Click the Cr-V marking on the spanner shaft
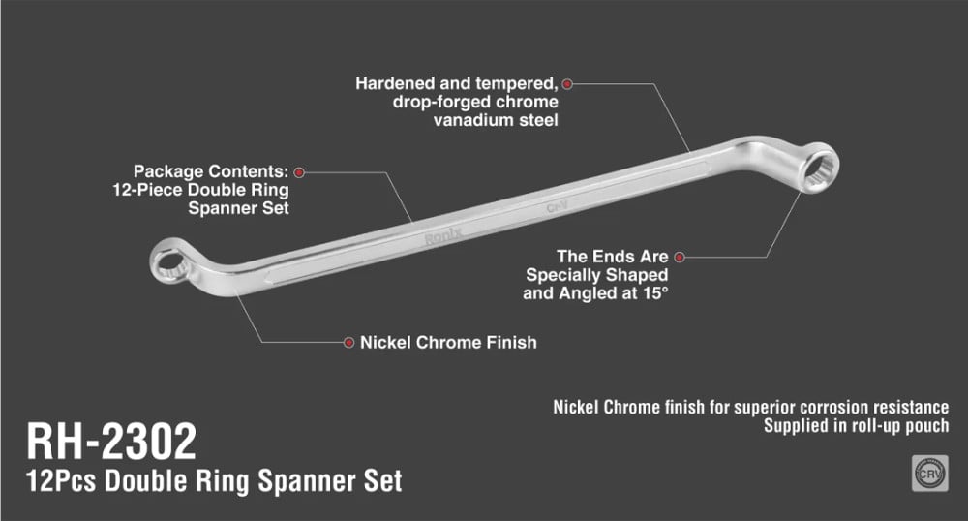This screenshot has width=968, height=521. (556, 207)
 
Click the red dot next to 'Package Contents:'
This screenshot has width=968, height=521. (299, 171)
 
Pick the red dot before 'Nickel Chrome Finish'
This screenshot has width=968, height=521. (348, 342)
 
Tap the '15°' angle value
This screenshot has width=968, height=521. (652, 292)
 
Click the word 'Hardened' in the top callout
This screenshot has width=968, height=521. (394, 84)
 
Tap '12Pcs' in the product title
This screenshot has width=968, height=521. (62, 480)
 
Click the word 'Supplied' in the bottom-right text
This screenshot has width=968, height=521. (796, 425)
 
